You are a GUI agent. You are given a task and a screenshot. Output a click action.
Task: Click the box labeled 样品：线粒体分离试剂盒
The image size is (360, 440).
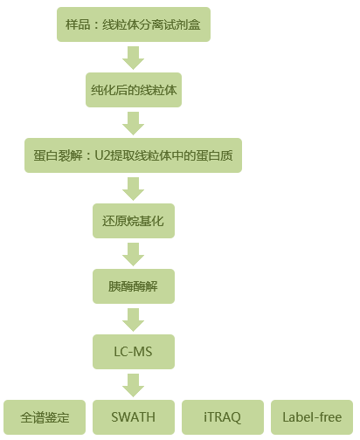click(134, 24)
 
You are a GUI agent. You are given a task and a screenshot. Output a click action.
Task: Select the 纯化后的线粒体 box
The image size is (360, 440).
click(134, 90)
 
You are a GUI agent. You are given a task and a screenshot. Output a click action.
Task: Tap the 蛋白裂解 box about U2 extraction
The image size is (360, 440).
click(133, 155)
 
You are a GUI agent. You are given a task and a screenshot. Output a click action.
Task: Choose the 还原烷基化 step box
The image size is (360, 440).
click(134, 221)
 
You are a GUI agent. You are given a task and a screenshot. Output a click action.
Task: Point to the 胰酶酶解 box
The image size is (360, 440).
click(134, 286)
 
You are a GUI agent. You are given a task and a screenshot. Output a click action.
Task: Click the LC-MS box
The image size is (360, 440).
click(134, 352)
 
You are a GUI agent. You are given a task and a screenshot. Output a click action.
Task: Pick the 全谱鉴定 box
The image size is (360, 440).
click(45, 417)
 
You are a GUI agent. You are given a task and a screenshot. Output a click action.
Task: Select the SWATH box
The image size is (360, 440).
click(134, 417)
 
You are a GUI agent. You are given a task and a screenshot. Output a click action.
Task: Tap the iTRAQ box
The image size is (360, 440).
click(223, 417)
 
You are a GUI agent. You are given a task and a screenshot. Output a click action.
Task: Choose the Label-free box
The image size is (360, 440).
click(312, 417)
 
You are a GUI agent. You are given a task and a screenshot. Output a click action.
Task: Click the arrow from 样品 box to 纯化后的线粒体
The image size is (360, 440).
click(134, 58)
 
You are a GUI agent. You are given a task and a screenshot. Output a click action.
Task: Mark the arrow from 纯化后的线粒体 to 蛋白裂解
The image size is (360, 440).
click(134, 123)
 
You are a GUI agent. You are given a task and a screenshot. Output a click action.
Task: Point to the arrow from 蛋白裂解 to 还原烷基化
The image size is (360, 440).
click(134, 189)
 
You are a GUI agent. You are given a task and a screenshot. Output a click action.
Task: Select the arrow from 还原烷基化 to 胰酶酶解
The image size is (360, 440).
click(134, 254)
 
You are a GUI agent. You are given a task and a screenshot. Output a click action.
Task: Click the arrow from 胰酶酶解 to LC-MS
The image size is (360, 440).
click(134, 320)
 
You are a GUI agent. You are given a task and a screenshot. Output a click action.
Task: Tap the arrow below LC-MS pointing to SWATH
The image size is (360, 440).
click(134, 385)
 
